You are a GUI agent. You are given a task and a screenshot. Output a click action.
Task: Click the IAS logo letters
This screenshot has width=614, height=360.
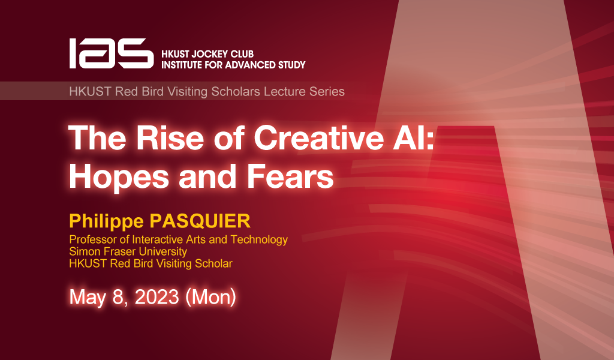tap(110, 53)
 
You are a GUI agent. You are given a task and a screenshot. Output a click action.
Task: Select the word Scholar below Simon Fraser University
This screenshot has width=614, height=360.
tap(215, 263)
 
